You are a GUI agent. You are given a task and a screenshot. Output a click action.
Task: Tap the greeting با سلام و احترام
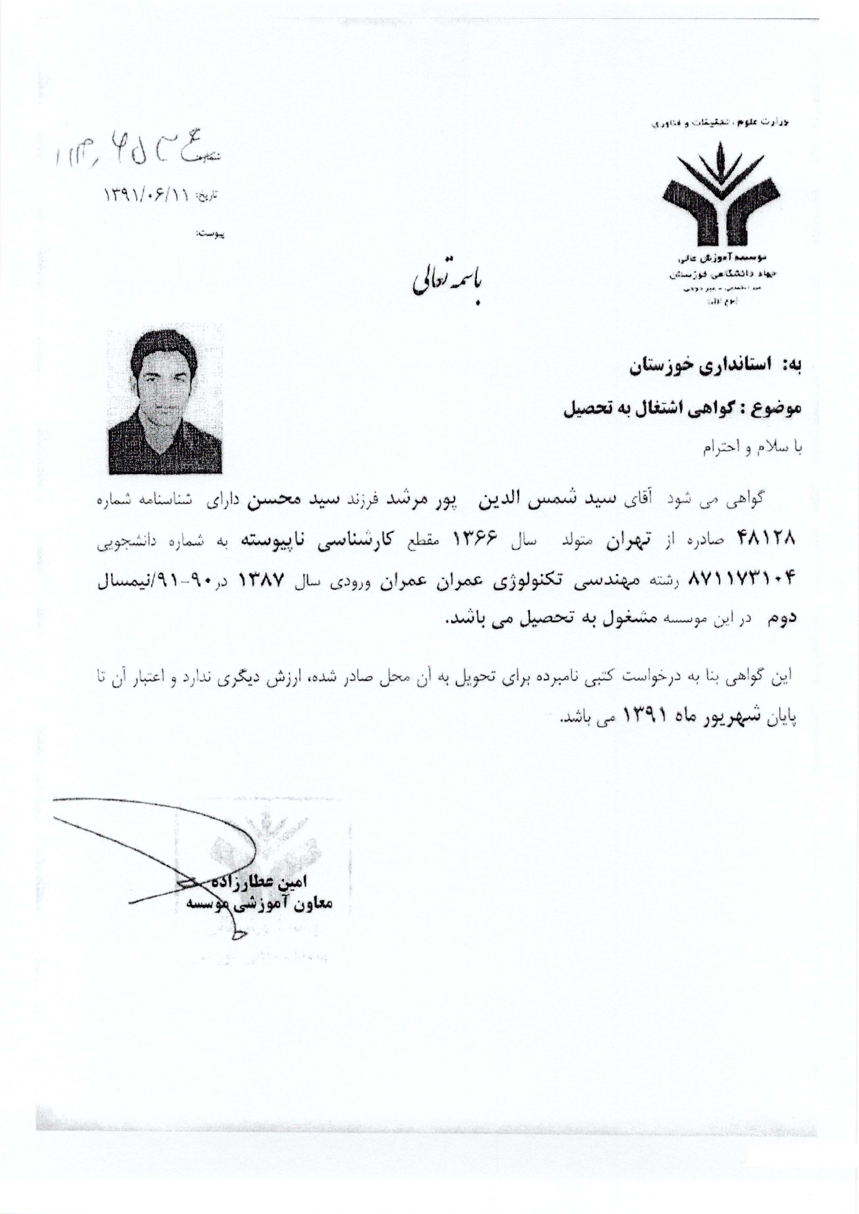coord(752,448)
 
